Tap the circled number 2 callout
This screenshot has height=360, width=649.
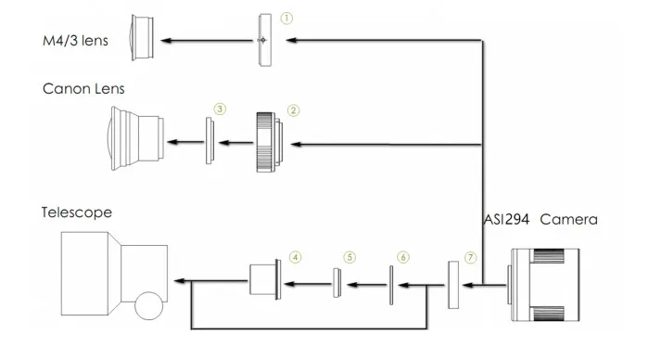pos(293,109)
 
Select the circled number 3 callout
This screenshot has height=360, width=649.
pos(220,109)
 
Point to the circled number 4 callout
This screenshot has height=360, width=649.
pos(295,256)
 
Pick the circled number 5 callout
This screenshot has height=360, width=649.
pos(349,256)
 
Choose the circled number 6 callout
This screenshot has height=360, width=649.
pos(401,256)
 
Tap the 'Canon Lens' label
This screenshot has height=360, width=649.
pos(83,89)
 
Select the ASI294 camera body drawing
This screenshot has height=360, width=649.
pos(546,283)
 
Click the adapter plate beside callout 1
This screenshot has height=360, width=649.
pos(264,40)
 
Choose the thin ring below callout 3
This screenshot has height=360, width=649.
pos(210,142)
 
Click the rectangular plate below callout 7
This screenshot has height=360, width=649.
pos(453,283)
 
